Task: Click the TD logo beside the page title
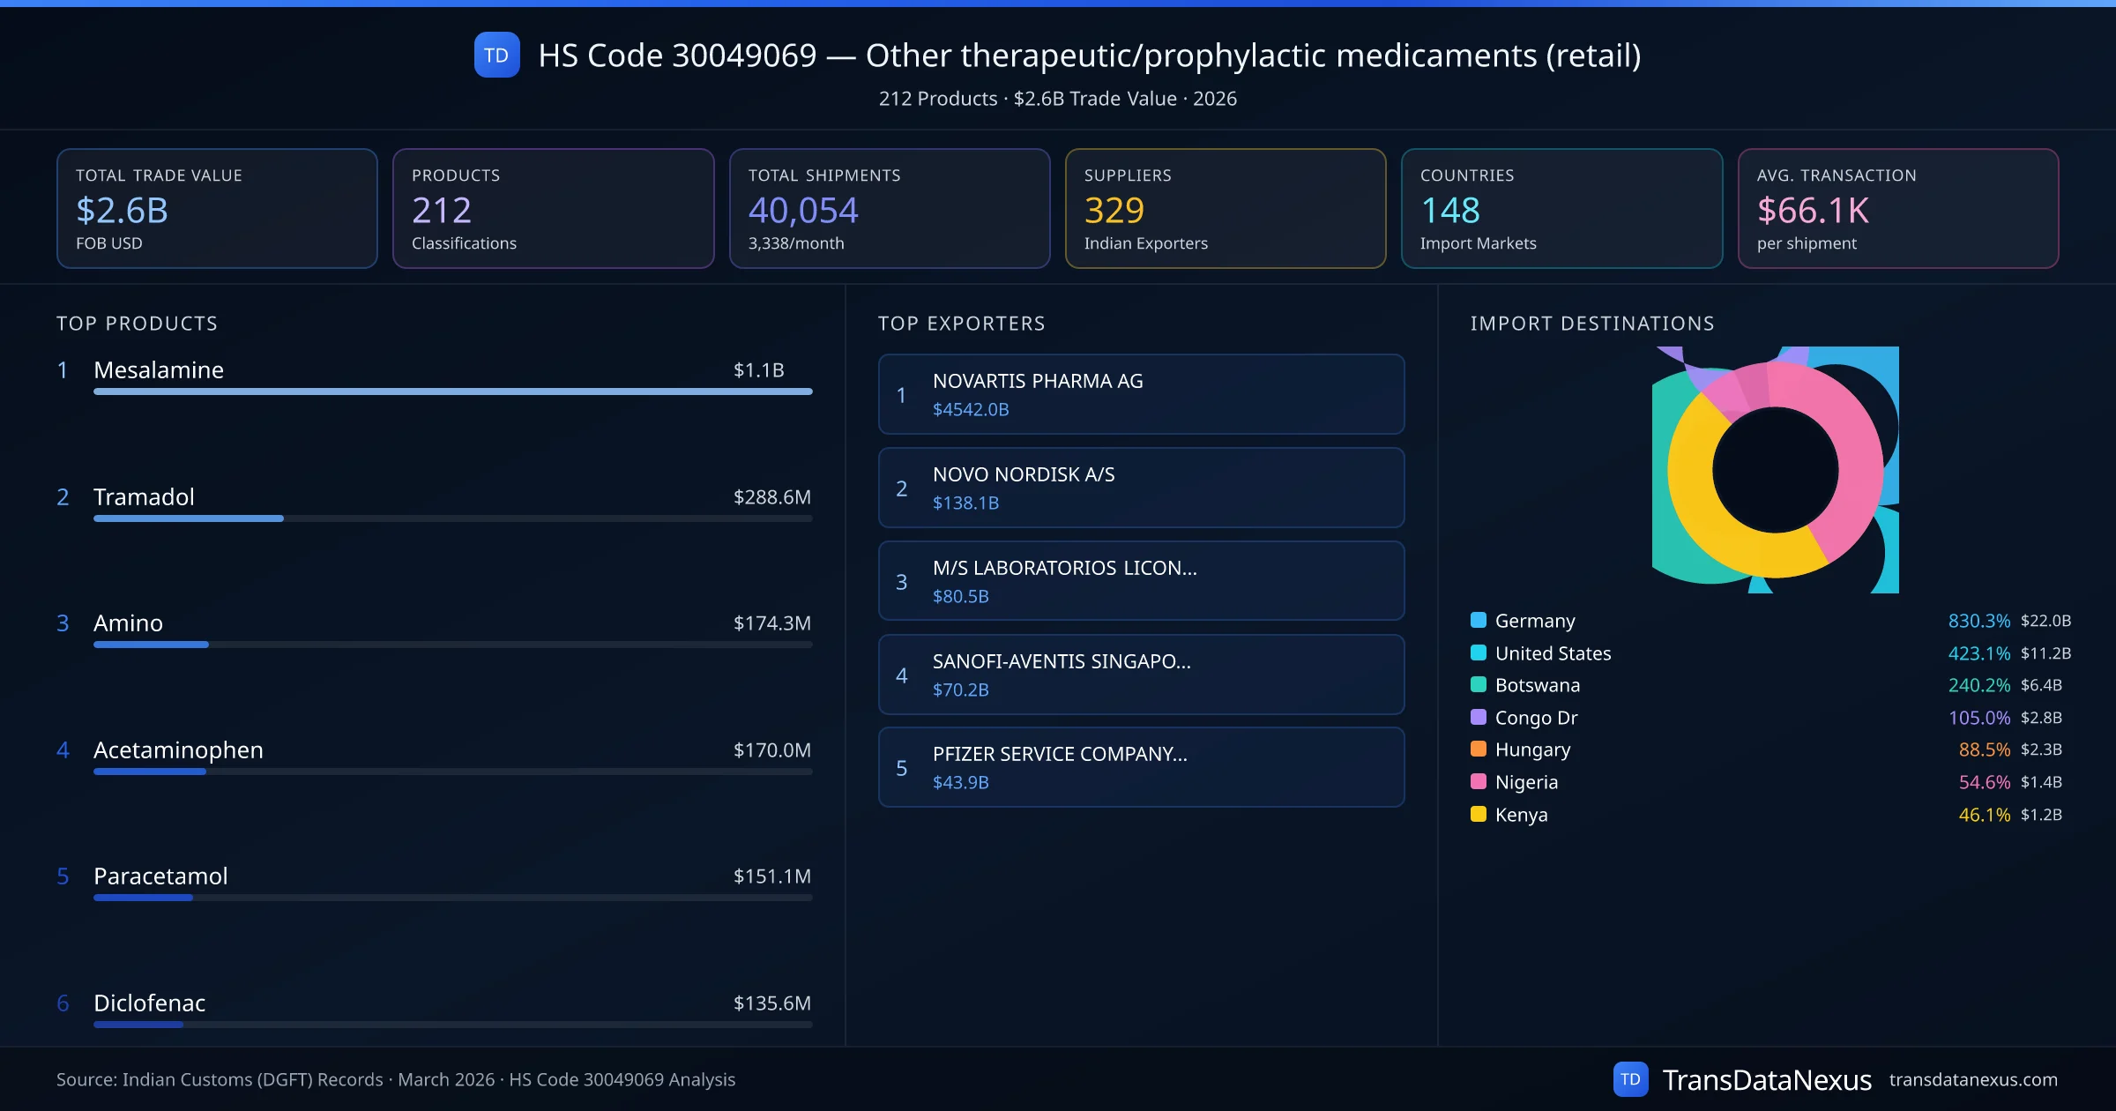tap(496, 56)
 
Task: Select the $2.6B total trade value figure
tap(122, 210)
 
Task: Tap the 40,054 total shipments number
tap(802, 210)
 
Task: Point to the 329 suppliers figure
tap(1114, 210)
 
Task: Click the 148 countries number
tap(1449, 210)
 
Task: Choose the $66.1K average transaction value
tap(1812, 210)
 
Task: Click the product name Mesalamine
tap(159, 369)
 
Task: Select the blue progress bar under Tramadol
tap(189, 518)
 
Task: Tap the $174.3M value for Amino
tap(771, 623)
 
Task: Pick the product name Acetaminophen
tap(178, 750)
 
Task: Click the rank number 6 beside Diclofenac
tap(63, 1003)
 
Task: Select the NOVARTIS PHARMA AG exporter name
tap(1038, 381)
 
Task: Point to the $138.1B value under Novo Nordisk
tap(965, 503)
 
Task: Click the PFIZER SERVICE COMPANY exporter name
tap(1060, 754)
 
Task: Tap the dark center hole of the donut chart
tap(1775, 470)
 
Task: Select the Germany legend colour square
tap(1479, 620)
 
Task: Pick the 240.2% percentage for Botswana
tap(1978, 685)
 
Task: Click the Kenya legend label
tap(1521, 815)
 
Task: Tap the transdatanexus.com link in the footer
tap(1972, 1079)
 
